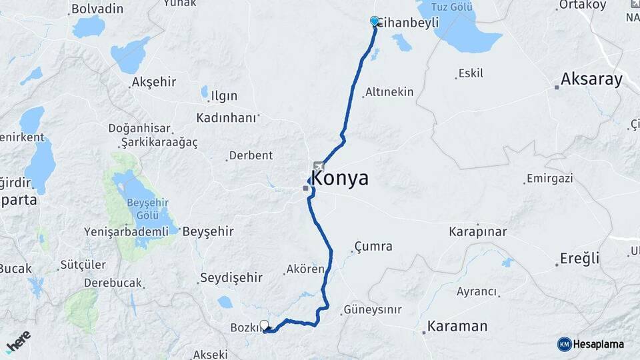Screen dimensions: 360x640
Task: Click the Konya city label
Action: point(340,179)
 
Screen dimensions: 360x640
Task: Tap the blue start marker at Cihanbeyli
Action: point(375,21)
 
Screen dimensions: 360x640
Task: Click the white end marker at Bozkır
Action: point(265,325)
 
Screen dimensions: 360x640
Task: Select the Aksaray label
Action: point(591,79)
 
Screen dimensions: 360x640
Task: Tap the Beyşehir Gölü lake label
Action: point(143,211)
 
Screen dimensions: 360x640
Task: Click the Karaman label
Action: point(457,327)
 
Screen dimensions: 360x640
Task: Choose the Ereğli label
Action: point(579,259)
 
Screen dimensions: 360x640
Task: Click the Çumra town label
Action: point(373,247)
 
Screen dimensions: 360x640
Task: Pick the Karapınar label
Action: point(477,232)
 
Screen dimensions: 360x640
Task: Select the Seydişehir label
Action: point(231,277)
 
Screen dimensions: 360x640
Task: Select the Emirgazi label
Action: point(549,179)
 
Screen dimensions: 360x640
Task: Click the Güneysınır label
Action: point(372,310)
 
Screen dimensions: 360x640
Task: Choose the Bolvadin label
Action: point(97,9)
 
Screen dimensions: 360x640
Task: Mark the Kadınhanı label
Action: point(226,117)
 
